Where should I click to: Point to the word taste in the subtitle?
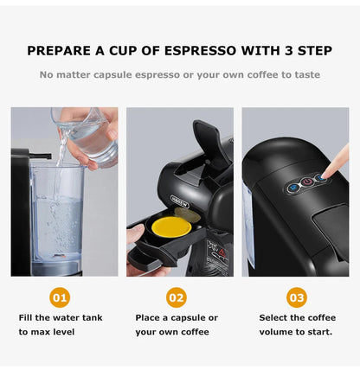[x=303, y=74]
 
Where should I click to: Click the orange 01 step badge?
[x=61, y=297]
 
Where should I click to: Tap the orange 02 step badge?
[x=177, y=297]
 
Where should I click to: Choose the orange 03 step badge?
[x=297, y=297]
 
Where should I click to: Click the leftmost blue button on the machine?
[x=292, y=186]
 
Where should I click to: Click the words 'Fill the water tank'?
[x=61, y=317]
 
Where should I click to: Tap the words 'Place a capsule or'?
[x=177, y=317]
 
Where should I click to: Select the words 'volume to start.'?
[x=297, y=331]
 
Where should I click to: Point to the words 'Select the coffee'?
[x=297, y=317]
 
